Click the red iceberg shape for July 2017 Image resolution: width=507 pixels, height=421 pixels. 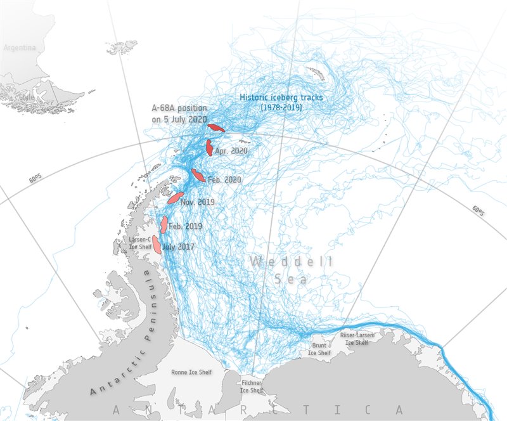pos(156,244)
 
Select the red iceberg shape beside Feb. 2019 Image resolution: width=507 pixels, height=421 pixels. pos(164,224)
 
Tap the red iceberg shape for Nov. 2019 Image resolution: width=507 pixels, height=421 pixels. pos(176,198)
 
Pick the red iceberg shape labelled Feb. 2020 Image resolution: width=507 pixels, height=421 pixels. pos(198,175)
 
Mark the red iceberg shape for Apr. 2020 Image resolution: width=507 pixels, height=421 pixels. pos(209,148)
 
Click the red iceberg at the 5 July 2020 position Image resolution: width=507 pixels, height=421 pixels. pos(216,127)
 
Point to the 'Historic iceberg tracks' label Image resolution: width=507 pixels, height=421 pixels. pos(281,98)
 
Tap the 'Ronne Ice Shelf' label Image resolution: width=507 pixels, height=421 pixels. pos(192,372)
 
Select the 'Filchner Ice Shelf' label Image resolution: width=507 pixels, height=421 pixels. pos(252,387)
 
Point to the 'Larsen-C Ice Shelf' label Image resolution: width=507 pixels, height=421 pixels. pos(139,243)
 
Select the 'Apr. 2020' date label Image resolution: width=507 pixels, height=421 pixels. pos(231,151)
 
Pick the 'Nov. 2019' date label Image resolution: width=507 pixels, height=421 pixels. pos(197,202)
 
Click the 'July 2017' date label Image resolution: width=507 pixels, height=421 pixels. pos(179,247)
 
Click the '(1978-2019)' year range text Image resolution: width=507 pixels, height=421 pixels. pos(281,108)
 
